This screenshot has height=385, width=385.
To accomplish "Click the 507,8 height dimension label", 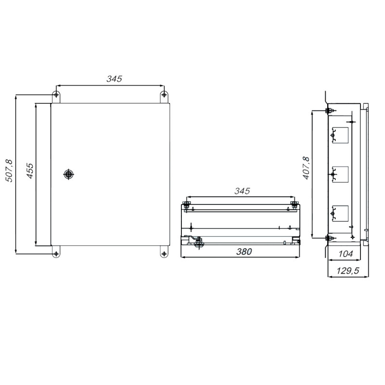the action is (9, 171).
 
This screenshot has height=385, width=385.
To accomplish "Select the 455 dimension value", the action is (30, 171).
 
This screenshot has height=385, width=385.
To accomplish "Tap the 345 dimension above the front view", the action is (114, 78).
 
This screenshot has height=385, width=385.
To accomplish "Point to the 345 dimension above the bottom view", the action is (242, 191).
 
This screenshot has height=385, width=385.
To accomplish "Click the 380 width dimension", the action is (244, 251).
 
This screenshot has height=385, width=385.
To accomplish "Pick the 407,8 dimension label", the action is (306, 168).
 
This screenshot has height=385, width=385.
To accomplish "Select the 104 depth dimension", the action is (346, 254).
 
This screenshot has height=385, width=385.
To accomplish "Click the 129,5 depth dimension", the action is (347, 270).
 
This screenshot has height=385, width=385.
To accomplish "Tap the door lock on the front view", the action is (68, 174).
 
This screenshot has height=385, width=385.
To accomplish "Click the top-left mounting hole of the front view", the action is (56, 94).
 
